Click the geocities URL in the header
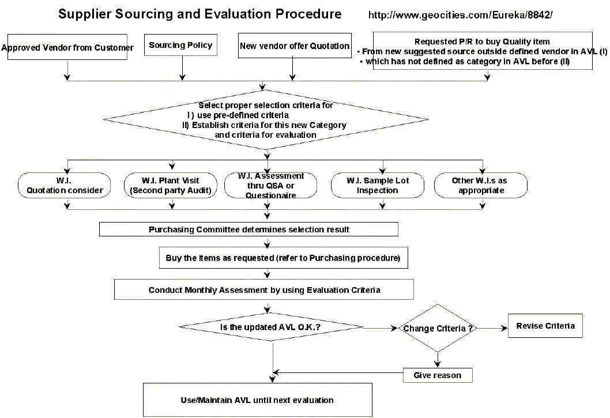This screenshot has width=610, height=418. [460, 15]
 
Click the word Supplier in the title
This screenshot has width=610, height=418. [84, 14]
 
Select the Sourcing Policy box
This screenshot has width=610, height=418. [180, 45]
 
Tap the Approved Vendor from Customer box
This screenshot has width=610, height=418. [67, 47]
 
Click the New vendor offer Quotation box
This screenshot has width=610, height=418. [295, 46]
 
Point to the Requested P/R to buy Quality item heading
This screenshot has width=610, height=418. [482, 42]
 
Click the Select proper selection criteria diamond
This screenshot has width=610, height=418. [266, 119]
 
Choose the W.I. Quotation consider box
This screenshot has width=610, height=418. [64, 185]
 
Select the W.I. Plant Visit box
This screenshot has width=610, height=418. [171, 185]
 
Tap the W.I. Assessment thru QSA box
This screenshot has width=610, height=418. [271, 185]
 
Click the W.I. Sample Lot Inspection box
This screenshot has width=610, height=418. [378, 185]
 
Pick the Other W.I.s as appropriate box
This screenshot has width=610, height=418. [481, 185]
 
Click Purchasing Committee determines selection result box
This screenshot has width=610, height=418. [248, 229]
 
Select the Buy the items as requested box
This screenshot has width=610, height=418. [283, 258]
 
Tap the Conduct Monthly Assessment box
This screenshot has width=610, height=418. [263, 290]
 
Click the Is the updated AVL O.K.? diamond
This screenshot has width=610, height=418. [271, 327]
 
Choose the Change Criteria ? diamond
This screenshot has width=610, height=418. [438, 328]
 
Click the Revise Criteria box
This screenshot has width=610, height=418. [545, 326]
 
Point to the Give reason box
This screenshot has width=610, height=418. [438, 375]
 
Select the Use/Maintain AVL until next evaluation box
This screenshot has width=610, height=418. [258, 400]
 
